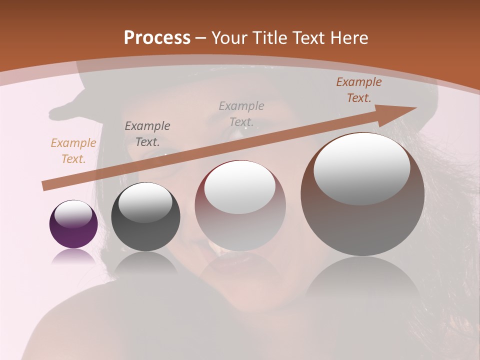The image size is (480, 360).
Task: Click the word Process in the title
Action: coord(157,38)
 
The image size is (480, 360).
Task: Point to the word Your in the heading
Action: coord(229,38)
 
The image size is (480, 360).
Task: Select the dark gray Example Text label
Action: coord(147,134)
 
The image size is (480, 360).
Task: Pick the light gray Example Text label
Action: coord(241,114)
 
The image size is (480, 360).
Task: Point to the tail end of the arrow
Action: coord(46,186)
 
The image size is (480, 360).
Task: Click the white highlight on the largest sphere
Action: coord(362,168)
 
